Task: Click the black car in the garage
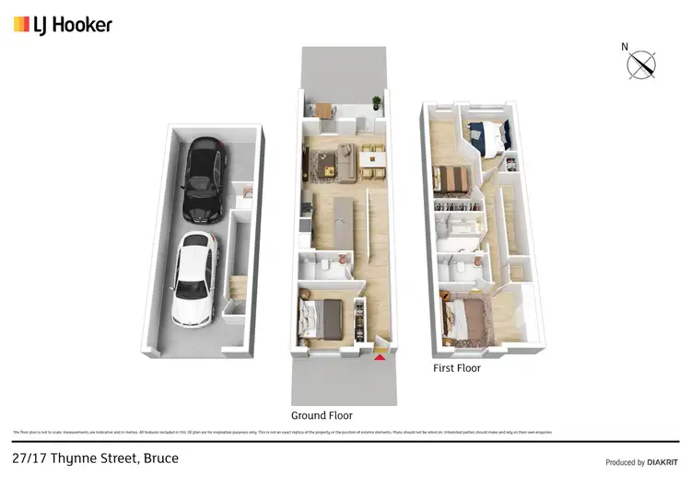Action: click(205, 180)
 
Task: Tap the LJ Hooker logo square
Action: click(21, 25)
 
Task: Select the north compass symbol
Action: click(641, 64)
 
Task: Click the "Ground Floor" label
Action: click(322, 415)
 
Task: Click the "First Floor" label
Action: click(457, 368)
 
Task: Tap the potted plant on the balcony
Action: click(376, 103)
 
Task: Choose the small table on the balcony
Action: click(324, 110)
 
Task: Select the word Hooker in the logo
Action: click(84, 25)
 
